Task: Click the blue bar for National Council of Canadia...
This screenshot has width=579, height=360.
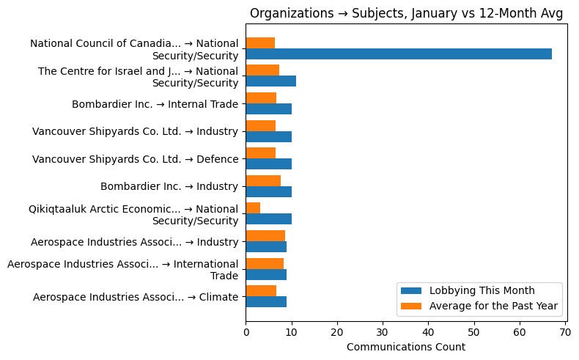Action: pyautogui.click(x=398, y=54)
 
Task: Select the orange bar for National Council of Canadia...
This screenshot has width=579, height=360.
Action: pyautogui.click(x=260, y=43)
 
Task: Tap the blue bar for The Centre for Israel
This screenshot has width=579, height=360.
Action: pyautogui.click(x=270, y=81)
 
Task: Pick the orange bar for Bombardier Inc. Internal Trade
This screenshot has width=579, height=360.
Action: pyautogui.click(x=261, y=98)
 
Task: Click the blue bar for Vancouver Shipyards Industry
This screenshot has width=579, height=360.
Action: pyautogui.click(x=268, y=136)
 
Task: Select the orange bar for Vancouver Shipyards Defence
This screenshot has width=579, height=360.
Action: pyautogui.click(x=260, y=153)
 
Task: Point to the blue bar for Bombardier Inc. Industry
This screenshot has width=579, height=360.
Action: pyautogui.click(x=268, y=192)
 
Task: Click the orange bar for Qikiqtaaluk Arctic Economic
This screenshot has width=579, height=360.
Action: pyautogui.click(x=253, y=208)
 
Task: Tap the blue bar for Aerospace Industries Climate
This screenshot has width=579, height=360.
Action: pyautogui.click(x=266, y=301)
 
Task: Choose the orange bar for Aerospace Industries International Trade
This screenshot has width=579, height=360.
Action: pyautogui.click(x=265, y=263)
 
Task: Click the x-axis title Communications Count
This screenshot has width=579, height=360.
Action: pyautogui.click(x=405, y=347)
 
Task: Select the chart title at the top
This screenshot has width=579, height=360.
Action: pyautogui.click(x=406, y=13)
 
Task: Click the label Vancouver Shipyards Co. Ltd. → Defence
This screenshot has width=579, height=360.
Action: pyautogui.click(x=136, y=159)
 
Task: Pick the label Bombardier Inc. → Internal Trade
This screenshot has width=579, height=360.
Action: pyautogui.click(x=155, y=104)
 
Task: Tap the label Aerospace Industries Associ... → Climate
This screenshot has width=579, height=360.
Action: pyautogui.click(x=136, y=297)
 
